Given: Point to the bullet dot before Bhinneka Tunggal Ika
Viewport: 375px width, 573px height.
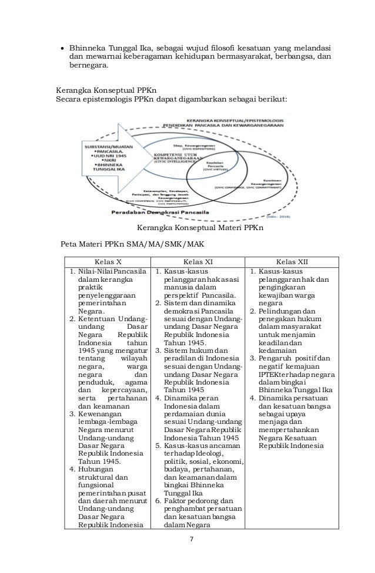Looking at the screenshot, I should pyautogui.click(x=62, y=48).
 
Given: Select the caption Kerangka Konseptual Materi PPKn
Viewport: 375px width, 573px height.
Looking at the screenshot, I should pyautogui.click(x=199, y=227).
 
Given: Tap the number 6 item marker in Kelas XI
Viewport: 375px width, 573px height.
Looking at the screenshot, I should pyautogui.click(x=159, y=501).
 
